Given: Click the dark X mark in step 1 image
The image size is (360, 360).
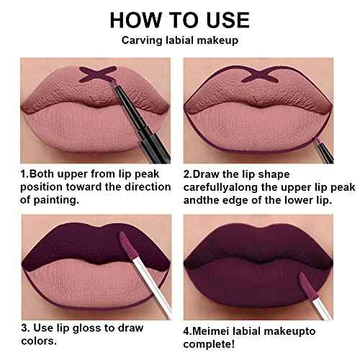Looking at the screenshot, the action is click(98, 74).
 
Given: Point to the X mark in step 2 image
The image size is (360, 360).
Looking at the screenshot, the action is click(260, 74).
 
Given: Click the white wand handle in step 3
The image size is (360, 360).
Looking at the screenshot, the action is click(153, 286).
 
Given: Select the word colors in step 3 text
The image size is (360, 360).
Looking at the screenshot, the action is click(39, 341).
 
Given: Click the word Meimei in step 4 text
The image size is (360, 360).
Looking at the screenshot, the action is click(210, 331).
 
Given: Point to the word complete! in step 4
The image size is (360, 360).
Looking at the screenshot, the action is click(209, 345).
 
